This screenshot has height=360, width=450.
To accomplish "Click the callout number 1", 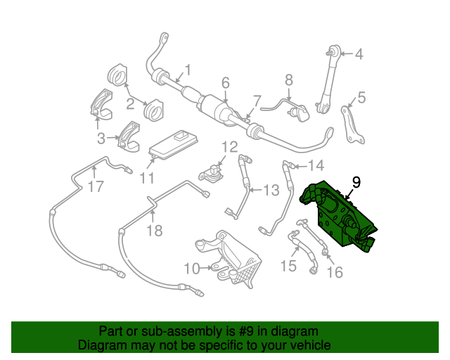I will [x=188, y=70].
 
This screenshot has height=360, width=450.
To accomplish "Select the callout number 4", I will [x=359, y=54].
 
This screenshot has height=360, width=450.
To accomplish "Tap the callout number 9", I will [x=356, y=182].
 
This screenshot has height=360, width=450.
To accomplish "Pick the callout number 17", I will [x=96, y=187].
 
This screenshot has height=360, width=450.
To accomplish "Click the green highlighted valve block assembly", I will [x=337, y=214].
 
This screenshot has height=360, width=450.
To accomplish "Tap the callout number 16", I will [x=335, y=272].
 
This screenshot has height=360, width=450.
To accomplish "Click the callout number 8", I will [x=289, y=81].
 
